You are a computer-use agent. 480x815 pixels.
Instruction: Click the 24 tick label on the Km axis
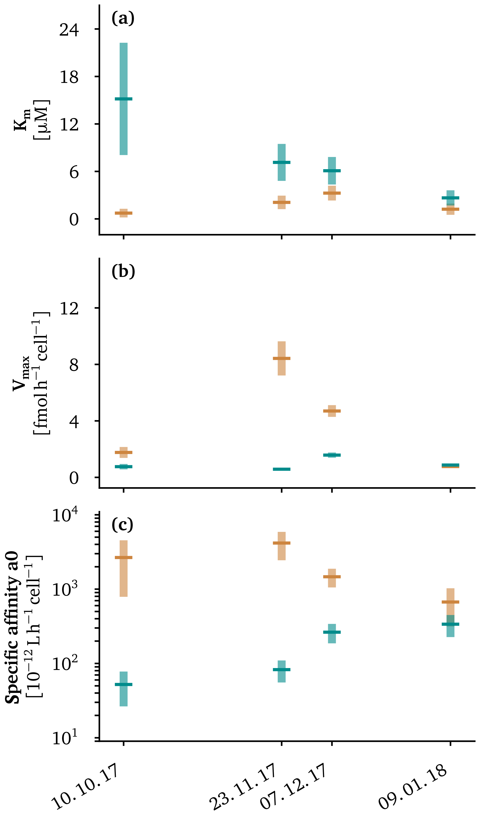tap(69, 30)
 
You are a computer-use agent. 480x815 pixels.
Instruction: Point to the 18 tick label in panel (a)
tap(69, 77)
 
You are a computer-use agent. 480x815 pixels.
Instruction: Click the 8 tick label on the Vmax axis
tap(74, 365)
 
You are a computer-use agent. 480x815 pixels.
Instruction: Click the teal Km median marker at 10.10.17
tap(123, 99)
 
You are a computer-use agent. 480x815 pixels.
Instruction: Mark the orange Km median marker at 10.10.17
tap(123, 213)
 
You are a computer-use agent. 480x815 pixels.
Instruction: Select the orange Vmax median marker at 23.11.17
tap(281, 358)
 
